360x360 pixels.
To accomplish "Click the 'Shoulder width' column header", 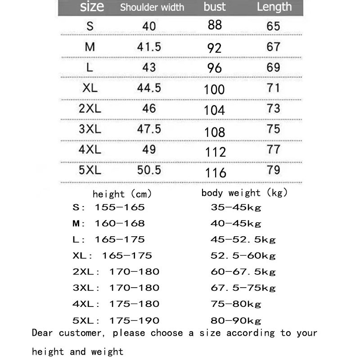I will (x=152, y=7).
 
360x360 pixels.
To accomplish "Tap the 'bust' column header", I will (x=215, y=7).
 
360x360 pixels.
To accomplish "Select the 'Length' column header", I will (x=274, y=7).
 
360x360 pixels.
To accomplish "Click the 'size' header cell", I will (x=92, y=7).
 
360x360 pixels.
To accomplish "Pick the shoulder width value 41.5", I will (x=149, y=46).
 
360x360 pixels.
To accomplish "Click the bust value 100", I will (x=214, y=89).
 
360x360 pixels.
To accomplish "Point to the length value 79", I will (x=274, y=170).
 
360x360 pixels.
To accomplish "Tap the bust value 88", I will (x=215, y=25).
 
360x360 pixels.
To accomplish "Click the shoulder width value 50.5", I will (x=149, y=170).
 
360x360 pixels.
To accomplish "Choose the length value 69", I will (x=274, y=67).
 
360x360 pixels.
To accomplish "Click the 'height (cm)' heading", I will (x=122, y=194).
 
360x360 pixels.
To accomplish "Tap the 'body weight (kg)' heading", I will (x=244, y=193).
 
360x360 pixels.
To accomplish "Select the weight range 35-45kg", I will (x=236, y=207).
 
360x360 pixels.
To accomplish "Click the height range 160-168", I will (x=120, y=223).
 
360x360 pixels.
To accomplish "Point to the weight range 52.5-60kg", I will (x=243, y=256).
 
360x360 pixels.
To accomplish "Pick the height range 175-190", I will (x=134, y=320).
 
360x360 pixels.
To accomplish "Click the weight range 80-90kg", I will (x=236, y=320).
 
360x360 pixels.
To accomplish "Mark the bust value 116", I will (x=216, y=173).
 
